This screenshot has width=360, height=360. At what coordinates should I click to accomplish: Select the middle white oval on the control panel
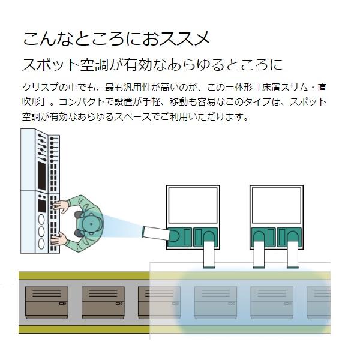pyautogui.click(x=41, y=231)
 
